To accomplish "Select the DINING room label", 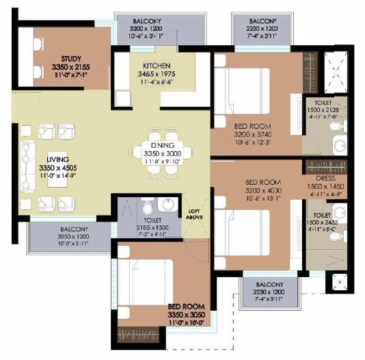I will pyautogui.click(x=163, y=146).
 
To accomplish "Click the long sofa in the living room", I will pyautogui.click(x=28, y=168).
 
